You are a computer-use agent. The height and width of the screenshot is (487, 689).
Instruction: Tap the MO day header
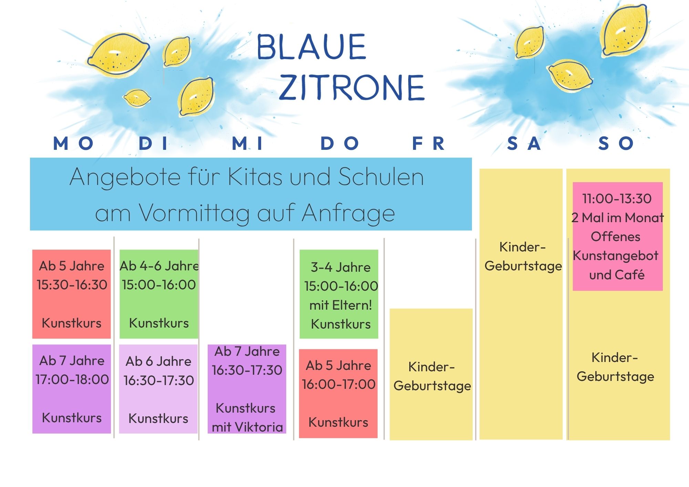[73, 143]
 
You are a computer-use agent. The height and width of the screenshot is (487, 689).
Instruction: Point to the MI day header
[247, 143]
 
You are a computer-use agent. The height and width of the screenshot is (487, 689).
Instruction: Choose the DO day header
[340, 143]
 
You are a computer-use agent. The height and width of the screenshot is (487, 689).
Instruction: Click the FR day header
[429, 143]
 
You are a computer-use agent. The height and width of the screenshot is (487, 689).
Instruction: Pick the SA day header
[524, 143]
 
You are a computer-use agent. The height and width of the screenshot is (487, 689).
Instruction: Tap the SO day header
[616, 143]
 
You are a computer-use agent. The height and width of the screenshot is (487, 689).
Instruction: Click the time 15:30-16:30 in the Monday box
[72, 285]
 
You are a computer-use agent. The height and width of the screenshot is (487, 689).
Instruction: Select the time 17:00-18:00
[72, 380]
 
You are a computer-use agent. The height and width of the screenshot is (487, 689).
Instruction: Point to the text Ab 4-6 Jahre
[159, 266]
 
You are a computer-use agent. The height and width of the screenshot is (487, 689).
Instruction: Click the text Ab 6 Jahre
[158, 361]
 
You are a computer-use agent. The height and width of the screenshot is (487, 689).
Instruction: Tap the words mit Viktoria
[247, 427]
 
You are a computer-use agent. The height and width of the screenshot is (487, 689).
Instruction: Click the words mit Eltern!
[341, 305]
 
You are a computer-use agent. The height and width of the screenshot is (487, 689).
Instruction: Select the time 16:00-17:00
[339, 384]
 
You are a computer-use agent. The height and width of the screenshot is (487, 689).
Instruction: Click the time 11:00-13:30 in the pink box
[617, 199]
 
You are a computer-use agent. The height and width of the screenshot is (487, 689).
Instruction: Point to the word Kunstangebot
[616, 256]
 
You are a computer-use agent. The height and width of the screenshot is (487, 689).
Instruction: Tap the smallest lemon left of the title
[137, 98]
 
